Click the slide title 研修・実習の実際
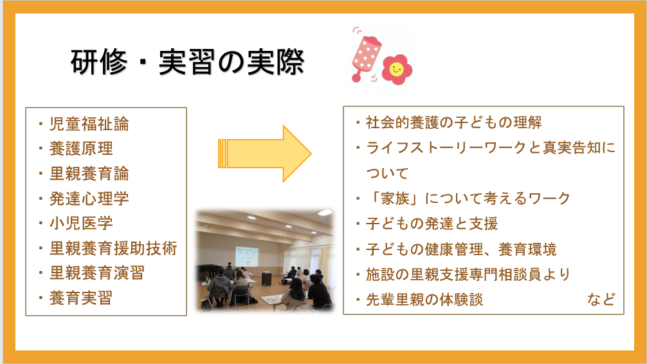point(188,62)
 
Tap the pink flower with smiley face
point(397,70)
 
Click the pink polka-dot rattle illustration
point(365,55)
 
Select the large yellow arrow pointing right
point(264,154)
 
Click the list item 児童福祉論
point(89,124)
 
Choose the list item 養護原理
point(81,149)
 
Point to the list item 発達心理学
point(89,198)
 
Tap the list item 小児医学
point(81,224)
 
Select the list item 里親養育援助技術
point(113,248)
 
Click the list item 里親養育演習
point(97,273)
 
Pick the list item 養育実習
point(81,298)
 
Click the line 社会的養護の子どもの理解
point(454,122)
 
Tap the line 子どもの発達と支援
point(432,224)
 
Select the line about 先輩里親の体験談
point(424,300)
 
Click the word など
point(601,299)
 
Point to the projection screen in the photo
point(247,256)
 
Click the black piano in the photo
point(208,272)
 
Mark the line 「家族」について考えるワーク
point(468,198)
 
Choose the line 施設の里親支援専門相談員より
point(468,274)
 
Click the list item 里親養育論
point(89,173)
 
